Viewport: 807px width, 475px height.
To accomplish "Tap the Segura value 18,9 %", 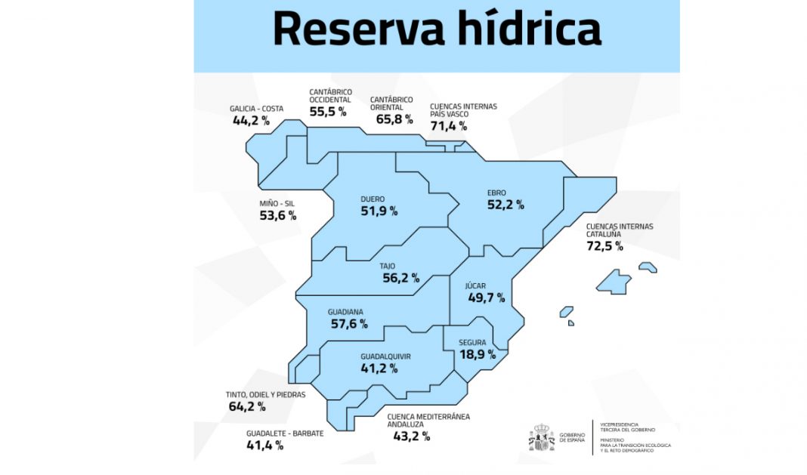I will tap(478, 353).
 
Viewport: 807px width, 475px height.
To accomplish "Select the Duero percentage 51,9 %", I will tap(379, 211).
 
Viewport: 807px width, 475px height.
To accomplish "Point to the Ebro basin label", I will tap(496, 193).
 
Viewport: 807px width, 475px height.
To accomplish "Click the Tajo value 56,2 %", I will tap(400, 278).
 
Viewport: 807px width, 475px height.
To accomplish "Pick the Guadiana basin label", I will tap(345, 312).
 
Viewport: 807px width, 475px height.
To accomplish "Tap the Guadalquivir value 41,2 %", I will tap(379, 369).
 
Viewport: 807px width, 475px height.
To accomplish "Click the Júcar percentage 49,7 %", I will tap(486, 298).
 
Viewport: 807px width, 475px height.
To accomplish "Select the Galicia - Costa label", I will tap(256, 109).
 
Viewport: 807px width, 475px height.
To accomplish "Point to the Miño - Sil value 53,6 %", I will tap(277, 216).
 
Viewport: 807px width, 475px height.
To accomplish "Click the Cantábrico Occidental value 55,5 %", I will tap(327, 111).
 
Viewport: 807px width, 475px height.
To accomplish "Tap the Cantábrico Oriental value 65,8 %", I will tap(394, 119).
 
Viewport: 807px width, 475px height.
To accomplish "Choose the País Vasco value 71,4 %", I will tap(448, 125).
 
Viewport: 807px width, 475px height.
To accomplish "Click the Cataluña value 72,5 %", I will tap(604, 245).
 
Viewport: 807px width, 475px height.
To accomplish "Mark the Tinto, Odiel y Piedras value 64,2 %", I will tap(246, 406).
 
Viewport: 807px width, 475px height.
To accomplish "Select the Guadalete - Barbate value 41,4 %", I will tap(265, 445).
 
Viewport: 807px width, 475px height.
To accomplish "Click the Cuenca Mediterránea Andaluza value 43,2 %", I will tap(411, 436).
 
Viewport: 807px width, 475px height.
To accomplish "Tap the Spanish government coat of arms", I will tap(541, 438).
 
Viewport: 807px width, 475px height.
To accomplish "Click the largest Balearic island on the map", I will tap(614, 282).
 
